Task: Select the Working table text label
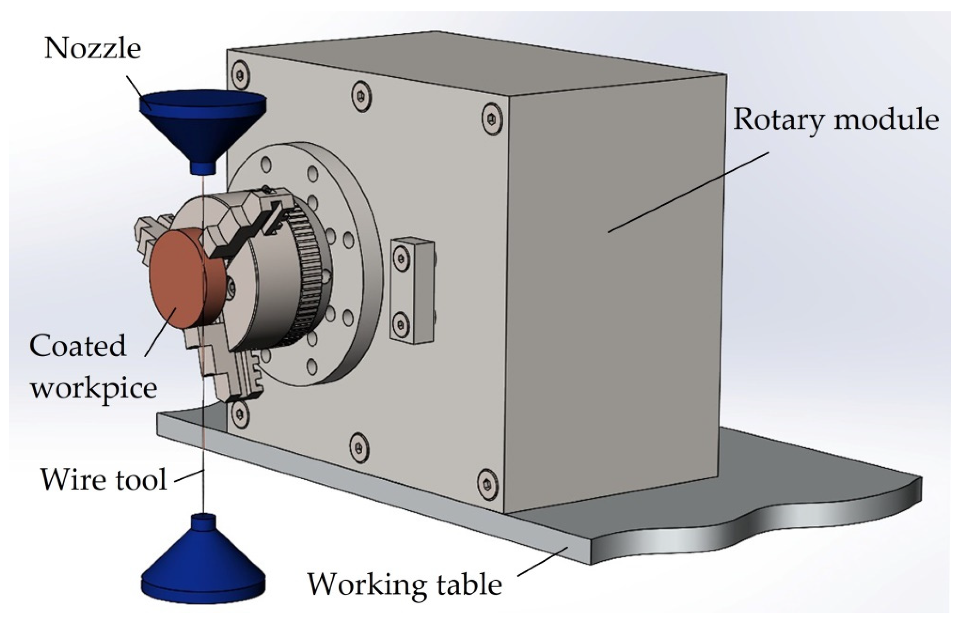tap(405, 584)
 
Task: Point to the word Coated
tap(78, 346)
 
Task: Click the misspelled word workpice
tap(93, 389)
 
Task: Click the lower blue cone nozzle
tap(204, 564)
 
